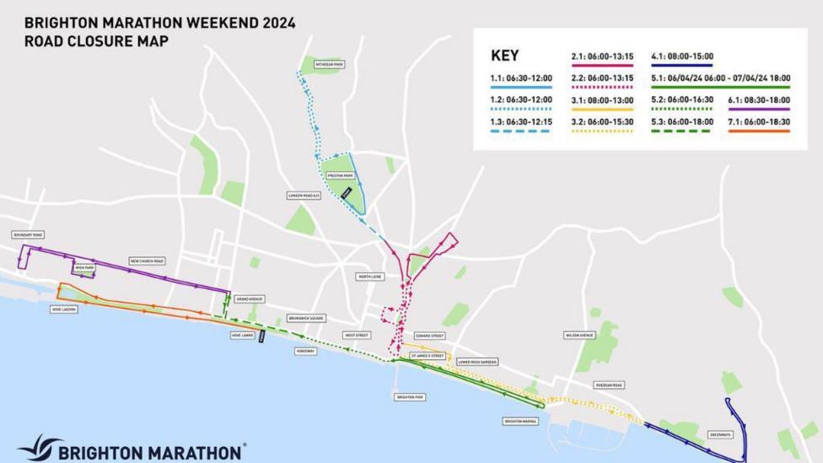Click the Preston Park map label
tap(339, 176)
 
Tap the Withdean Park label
tap(329, 64)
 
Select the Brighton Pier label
tap(409, 396)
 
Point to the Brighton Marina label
tap(520, 421)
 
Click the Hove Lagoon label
tap(64, 310)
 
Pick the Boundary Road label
tap(28, 234)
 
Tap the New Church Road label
tap(147, 261)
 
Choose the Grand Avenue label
tap(250, 299)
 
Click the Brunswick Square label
tap(305, 319)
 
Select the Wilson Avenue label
tap(579, 335)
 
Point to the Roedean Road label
tap(608, 385)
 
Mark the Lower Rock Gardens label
tap(477, 362)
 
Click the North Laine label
tap(369, 277)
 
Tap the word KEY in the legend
tap(504, 56)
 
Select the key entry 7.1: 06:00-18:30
tap(760, 122)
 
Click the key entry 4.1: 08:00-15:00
tap(682, 57)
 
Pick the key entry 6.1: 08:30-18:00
tap(760, 100)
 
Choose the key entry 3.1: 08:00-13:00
tap(602, 100)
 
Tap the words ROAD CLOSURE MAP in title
tap(96, 40)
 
